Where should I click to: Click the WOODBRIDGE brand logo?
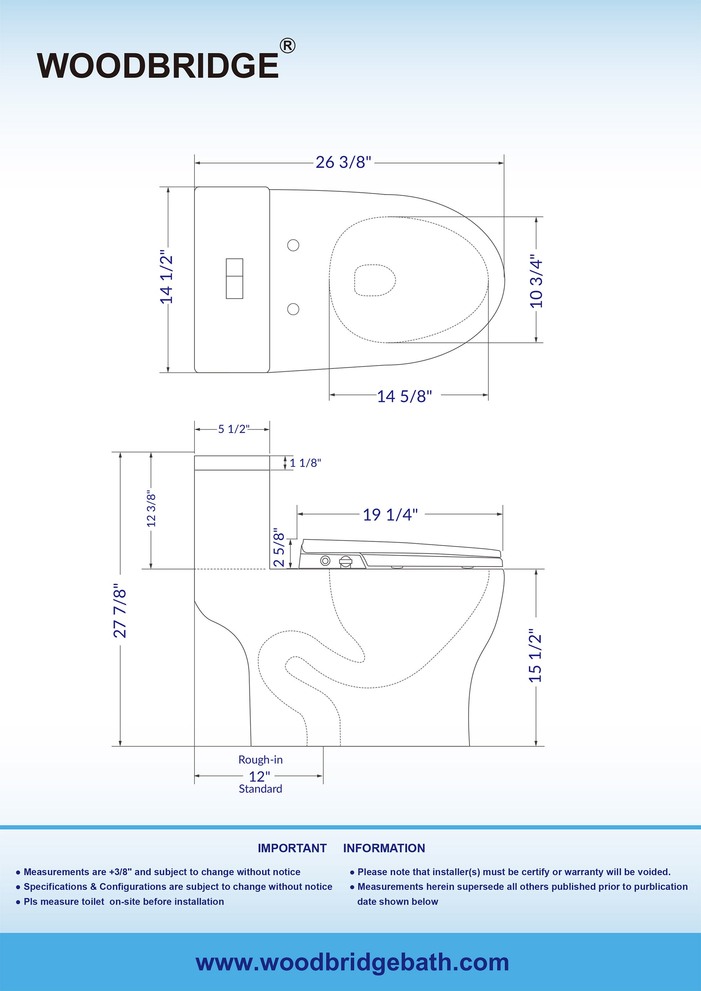[x=158, y=66]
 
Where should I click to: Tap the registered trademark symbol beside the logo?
[x=287, y=46]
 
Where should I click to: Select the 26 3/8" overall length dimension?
[x=343, y=162]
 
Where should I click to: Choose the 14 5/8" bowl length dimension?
[x=405, y=396]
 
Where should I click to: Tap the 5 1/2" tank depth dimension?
[x=234, y=429]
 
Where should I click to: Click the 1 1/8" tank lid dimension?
[x=305, y=463]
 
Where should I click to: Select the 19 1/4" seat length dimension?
[x=390, y=515]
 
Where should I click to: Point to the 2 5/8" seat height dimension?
[x=279, y=547]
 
